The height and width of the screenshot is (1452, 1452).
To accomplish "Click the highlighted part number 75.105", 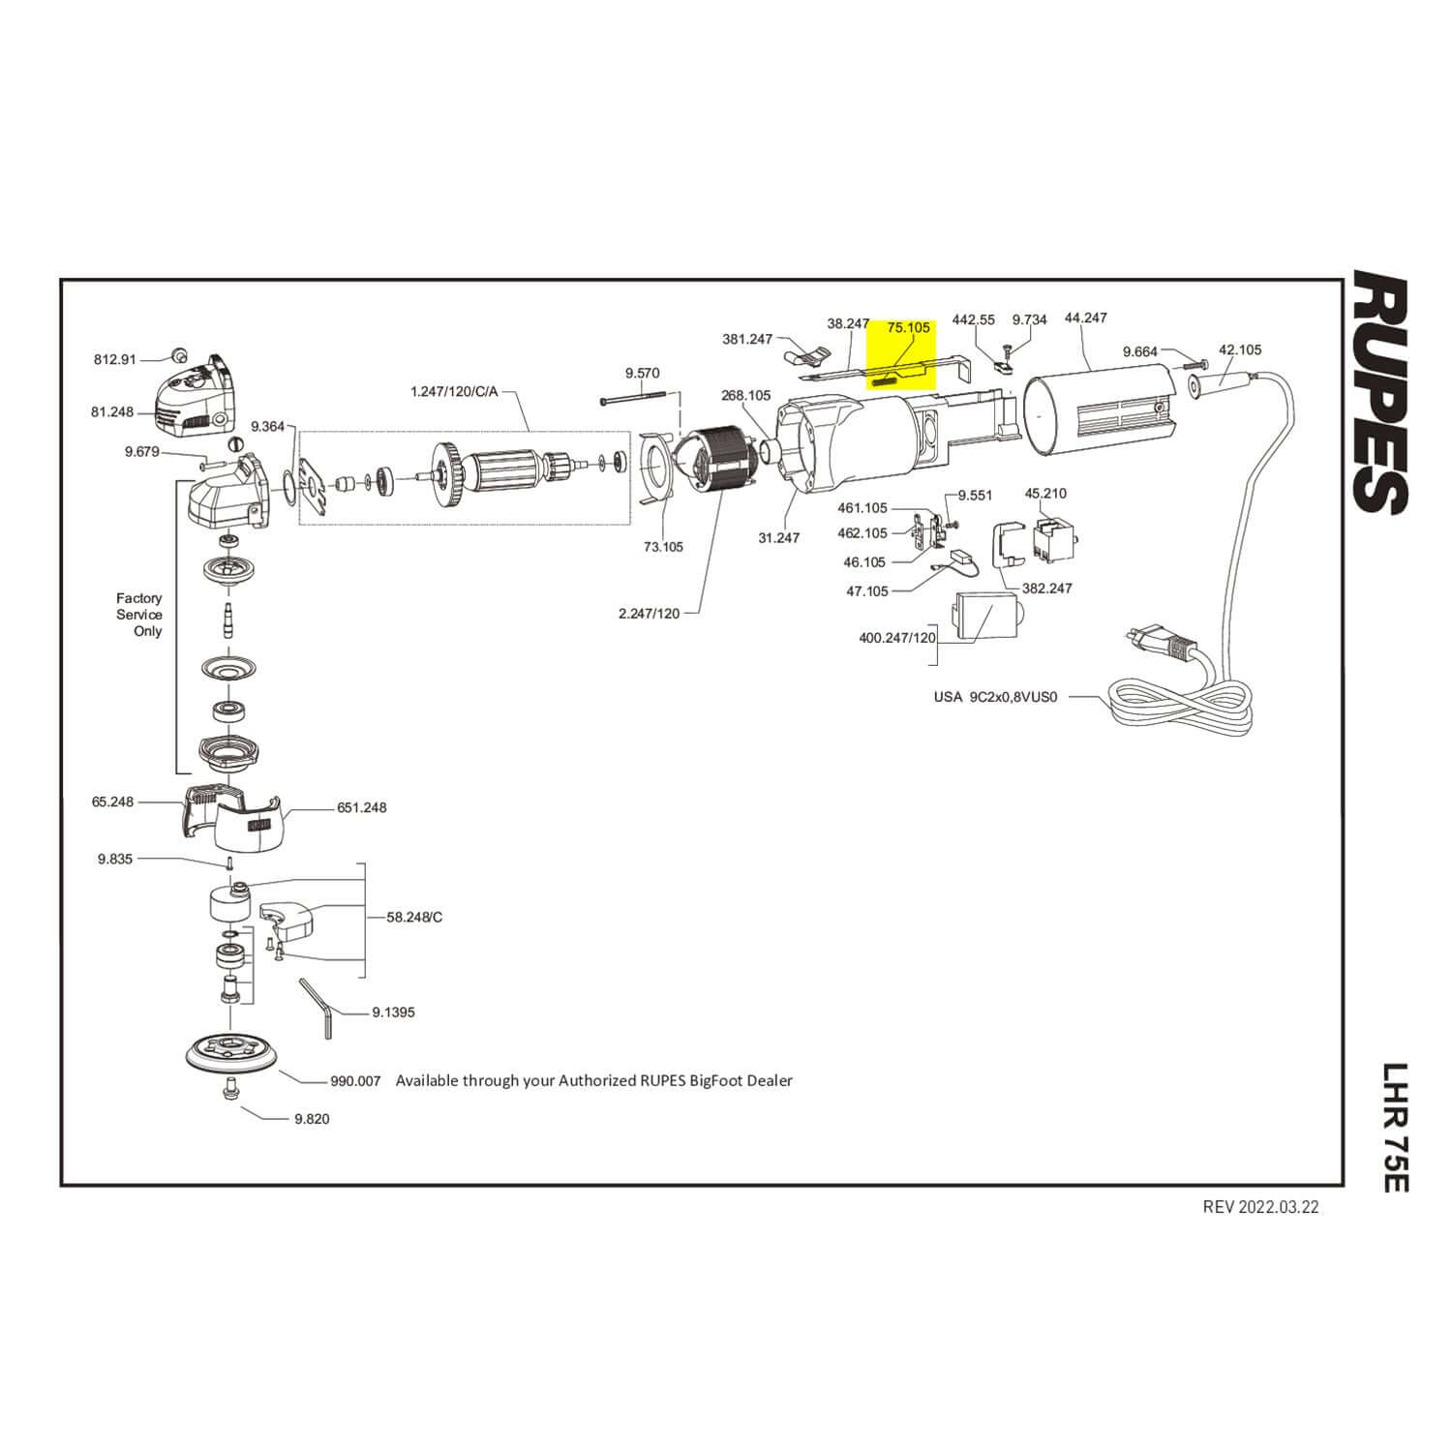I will [908, 328].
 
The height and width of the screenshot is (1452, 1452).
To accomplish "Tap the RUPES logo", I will [1378, 392].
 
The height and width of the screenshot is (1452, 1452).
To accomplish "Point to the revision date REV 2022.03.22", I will [1260, 1206].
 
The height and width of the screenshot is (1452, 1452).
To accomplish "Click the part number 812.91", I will [115, 359].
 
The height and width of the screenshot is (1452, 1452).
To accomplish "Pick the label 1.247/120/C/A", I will [455, 392].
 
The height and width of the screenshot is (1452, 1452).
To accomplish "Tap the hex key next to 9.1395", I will [319, 1007].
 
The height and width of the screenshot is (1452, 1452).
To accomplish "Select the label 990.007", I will [355, 1080].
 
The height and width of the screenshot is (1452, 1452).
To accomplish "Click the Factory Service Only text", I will [139, 615].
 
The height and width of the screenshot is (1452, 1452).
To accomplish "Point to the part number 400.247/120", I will [897, 638].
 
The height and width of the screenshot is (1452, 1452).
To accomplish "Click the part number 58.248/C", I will [414, 917].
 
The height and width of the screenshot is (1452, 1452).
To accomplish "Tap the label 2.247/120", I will [649, 614].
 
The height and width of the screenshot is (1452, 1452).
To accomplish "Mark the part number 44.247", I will [1085, 318].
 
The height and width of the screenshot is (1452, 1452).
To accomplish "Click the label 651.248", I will [361, 807].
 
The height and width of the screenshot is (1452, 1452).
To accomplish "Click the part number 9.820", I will [311, 1119].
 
